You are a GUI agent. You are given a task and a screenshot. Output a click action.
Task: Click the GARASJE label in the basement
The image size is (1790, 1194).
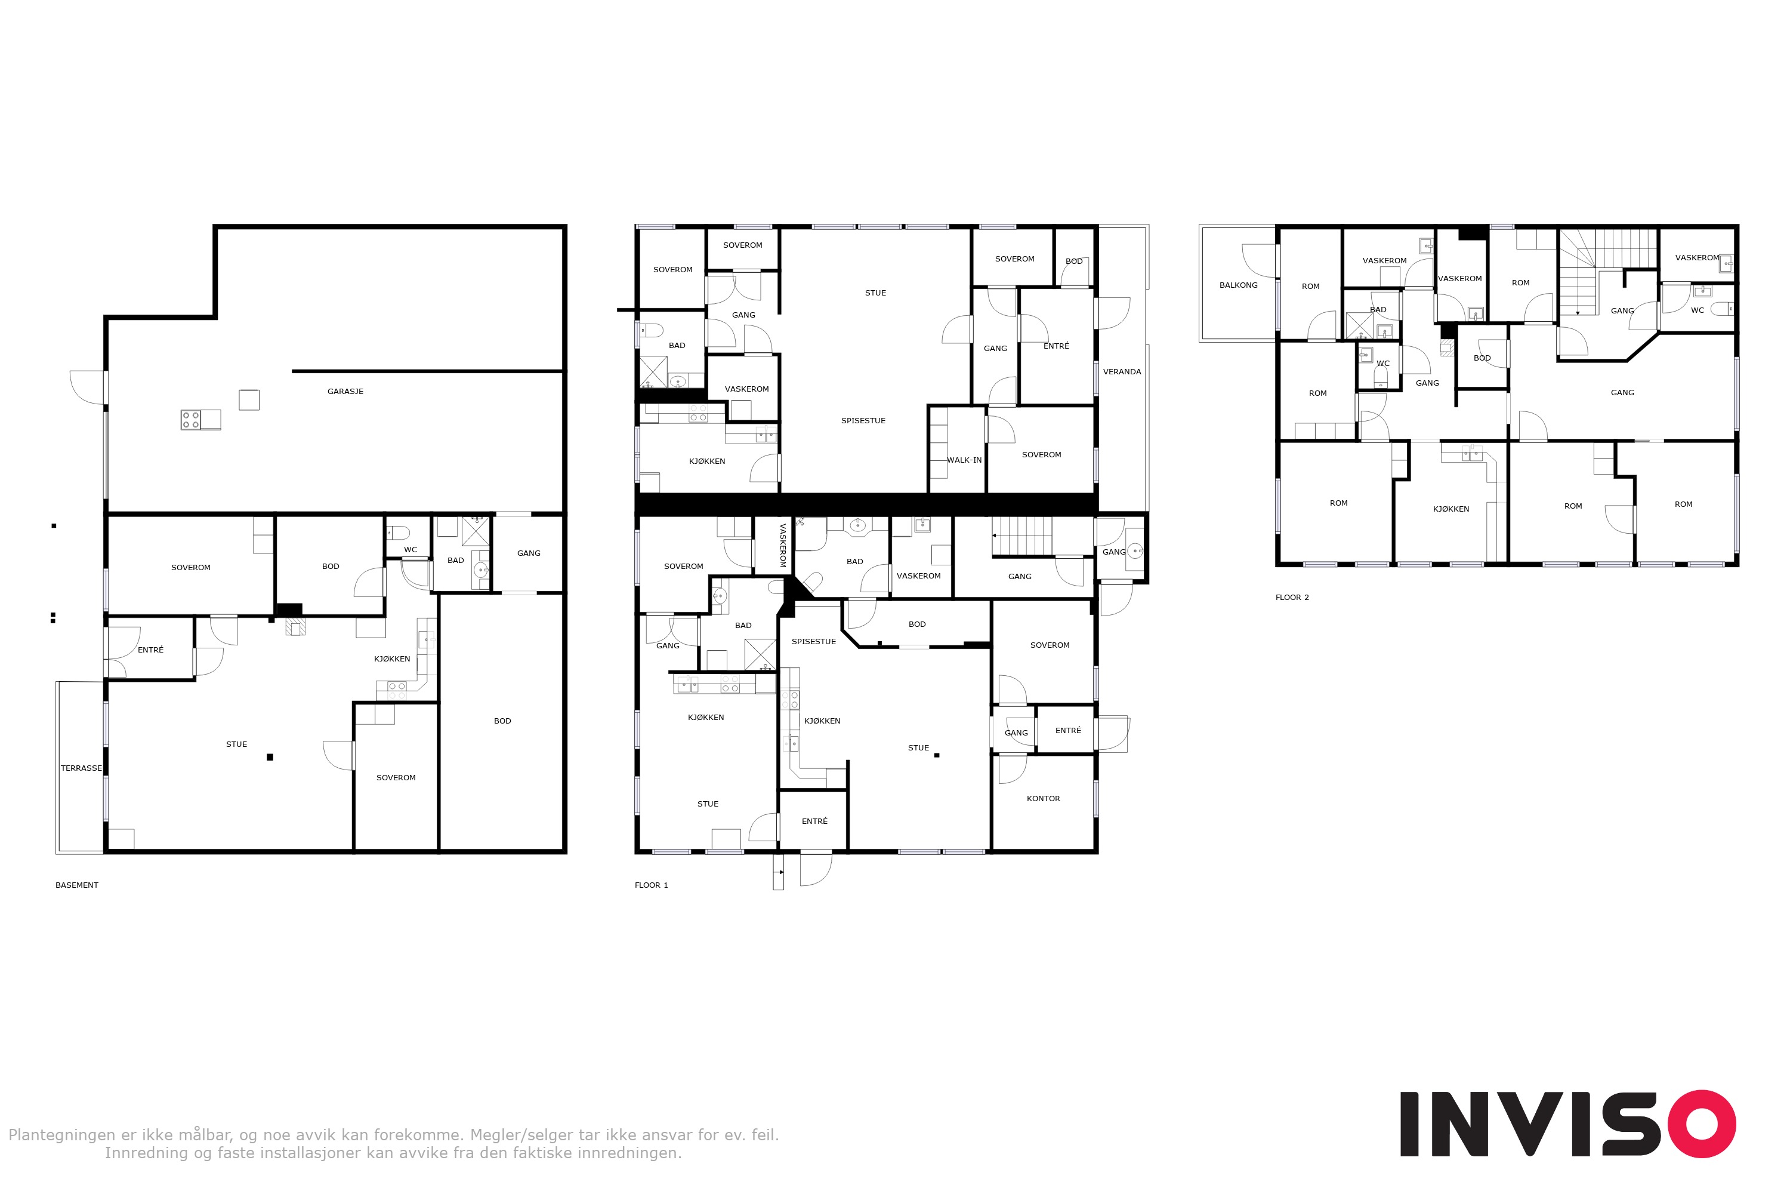(x=345, y=392)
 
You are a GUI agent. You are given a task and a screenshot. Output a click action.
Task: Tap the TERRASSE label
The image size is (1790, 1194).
(x=81, y=768)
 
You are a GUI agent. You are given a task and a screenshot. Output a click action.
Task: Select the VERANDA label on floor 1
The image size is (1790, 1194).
(x=1122, y=371)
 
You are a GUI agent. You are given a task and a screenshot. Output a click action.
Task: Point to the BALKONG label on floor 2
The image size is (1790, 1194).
(x=1238, y=285)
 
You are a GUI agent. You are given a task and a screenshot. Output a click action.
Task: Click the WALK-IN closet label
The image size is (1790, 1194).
(x=964, y=460)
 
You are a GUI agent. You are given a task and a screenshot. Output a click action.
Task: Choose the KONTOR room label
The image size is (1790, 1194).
(x=1044, y=799)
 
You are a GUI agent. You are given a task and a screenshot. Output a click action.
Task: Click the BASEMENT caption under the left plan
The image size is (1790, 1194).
(x=77, y=885)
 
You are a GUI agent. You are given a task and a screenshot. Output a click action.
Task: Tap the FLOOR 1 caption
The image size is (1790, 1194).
(x=652, y=885)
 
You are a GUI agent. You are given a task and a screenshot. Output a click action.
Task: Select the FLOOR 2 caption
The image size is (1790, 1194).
(x=1292, y=597)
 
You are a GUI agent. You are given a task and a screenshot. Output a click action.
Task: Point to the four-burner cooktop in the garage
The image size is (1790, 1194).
(x=190, y=420)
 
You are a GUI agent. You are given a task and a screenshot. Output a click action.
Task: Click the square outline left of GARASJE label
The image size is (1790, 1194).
(x=249, y=400)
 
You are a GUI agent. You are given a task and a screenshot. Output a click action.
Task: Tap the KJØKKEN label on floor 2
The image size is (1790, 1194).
(x=1451, y=509)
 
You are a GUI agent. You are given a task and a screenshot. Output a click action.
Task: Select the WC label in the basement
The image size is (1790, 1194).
(x=411, y=550)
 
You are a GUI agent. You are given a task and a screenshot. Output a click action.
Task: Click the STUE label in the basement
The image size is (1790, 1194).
(x=237, y=744)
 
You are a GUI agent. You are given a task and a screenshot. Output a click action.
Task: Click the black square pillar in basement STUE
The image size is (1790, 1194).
(x=270, y=757)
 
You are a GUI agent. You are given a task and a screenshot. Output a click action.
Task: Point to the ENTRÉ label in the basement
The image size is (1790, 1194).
(x=151, y=650)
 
